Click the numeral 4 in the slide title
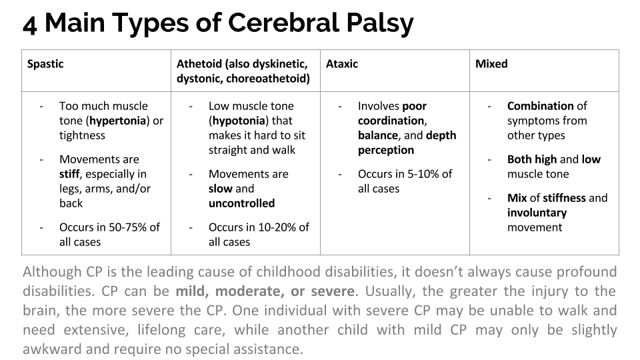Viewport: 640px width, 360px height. [x=30, y=24]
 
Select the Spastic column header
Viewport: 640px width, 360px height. [x=45, y=64]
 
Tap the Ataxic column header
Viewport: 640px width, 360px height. [x=342, y=64]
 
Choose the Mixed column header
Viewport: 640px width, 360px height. [x=491, y=64]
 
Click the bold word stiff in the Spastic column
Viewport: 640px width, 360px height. [x=69, y=174]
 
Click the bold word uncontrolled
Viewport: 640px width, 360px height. [x=241, y=203]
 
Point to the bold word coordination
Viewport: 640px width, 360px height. [x=391, y=121]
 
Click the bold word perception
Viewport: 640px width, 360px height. [x=386, y=150]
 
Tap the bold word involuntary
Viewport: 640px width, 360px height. [x=537, y=213]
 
